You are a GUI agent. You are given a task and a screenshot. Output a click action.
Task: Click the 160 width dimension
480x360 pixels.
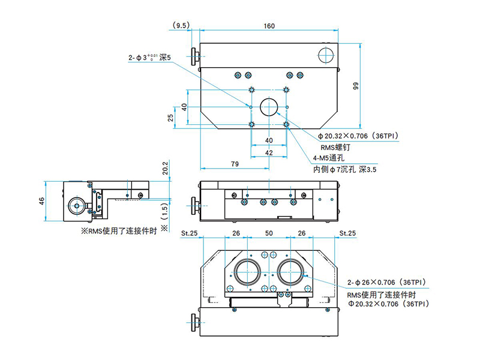coord(269,26)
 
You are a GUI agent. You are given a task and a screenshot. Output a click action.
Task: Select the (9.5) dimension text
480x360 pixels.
coord(181,26)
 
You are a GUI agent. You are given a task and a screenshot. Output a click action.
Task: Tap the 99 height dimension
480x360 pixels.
coord(356,86)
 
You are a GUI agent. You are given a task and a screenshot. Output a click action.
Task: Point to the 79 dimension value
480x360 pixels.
coord(236,164)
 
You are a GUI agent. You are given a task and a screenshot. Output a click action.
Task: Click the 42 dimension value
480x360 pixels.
coord(269,153)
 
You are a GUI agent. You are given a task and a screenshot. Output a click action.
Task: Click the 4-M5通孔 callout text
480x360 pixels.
coord(328,158)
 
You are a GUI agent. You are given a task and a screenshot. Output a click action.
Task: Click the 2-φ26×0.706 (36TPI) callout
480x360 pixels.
coord(386,281)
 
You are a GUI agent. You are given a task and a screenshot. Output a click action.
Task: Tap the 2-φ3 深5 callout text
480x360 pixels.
coord(149,58)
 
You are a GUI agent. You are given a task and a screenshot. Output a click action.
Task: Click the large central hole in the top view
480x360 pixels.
coord(269,107)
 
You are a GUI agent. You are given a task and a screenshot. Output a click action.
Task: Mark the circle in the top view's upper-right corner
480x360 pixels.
coord(326,55)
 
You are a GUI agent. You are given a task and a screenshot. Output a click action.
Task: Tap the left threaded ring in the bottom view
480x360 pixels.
coord(247,272)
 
